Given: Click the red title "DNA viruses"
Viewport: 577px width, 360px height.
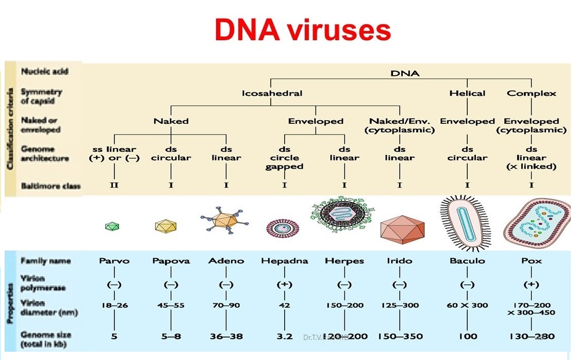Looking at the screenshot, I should click(x=303, y=31).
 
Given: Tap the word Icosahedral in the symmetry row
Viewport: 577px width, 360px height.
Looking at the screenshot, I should click(x=272, y=93).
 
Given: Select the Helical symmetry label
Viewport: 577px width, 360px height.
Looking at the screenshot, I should click(x=467, y=93).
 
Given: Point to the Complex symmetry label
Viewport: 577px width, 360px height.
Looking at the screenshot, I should click(x=532, y=93).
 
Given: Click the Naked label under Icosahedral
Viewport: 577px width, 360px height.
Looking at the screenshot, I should click(x=171, y=121).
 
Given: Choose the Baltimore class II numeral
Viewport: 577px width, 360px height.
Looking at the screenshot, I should click(x=114, y=185).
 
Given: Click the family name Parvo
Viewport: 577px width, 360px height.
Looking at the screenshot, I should click(x=114, y=260).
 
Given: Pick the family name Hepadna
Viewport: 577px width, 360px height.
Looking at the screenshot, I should click(x=285, y=260).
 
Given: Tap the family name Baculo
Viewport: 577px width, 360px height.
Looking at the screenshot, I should click(x=467, y=260).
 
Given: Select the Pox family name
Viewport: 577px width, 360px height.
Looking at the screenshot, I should click(x=532, y=260).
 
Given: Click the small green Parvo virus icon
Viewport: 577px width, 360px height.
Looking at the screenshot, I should click(x=112, y=225).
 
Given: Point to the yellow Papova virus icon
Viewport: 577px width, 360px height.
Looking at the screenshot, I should click(x=166, y=225).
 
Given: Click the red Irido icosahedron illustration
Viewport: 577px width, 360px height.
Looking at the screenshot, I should click(x=403, y=225).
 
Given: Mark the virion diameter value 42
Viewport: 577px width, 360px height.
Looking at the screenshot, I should click(x=285, y=305).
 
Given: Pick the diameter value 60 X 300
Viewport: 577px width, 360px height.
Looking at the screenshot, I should click(x=467, y=305).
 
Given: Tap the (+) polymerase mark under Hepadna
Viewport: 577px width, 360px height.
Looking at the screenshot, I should click(x=285, y=284).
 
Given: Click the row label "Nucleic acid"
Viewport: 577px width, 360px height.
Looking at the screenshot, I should click(x=44, y=71).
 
